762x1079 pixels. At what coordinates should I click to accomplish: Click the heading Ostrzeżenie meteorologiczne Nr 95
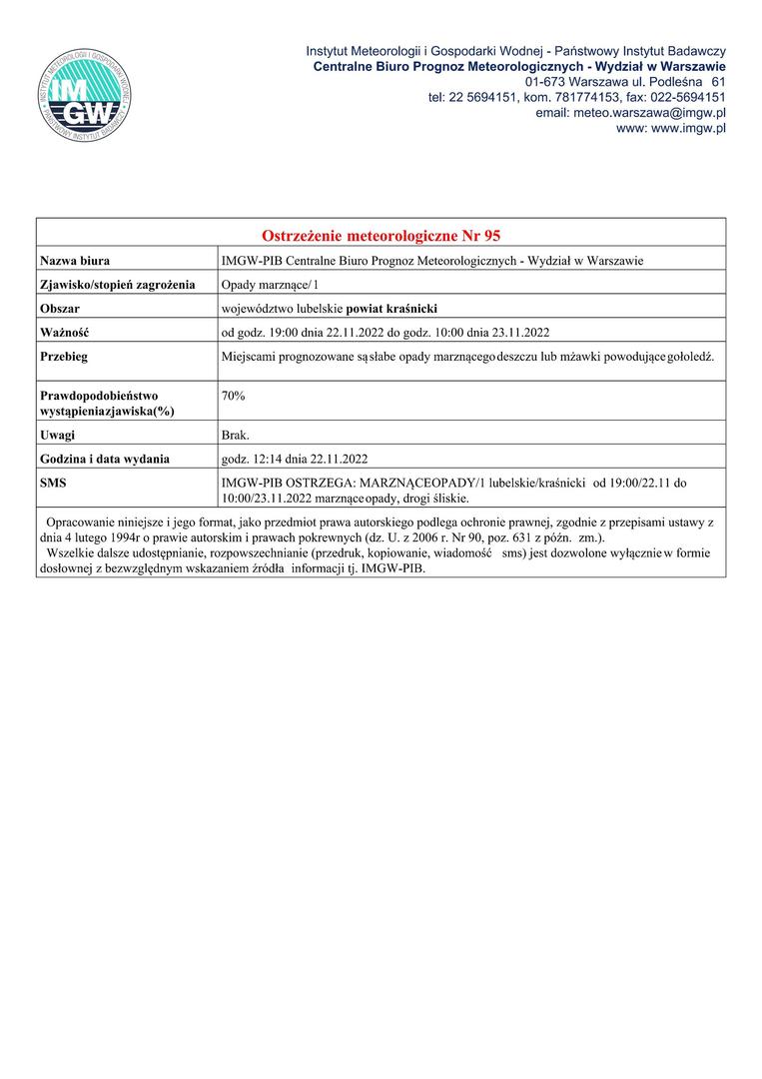381,236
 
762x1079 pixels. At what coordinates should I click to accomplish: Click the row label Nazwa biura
75,261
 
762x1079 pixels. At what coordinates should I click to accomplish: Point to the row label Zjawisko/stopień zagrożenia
117,285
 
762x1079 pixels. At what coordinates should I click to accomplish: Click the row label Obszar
60,309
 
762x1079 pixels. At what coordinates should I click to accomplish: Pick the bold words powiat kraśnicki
391,309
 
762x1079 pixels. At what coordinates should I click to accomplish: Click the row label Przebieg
64,357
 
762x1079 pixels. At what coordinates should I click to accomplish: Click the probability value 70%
234,397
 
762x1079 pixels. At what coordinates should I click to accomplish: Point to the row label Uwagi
58,436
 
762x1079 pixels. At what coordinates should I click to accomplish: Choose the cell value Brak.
236,436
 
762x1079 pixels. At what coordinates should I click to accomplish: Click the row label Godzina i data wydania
105,460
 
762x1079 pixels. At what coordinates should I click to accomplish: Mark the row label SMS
54,484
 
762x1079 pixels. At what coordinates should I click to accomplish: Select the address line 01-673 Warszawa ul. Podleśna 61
625,81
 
